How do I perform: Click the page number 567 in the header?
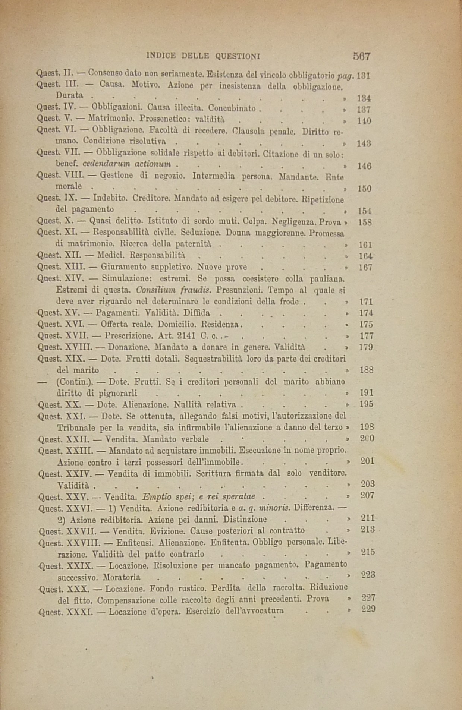pos(361,56)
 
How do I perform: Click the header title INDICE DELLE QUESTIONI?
pos(203,56)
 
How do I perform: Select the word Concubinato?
pos(232,109)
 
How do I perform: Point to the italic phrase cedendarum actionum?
pos(127,164)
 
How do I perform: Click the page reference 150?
pos(364,189)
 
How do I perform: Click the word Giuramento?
pos(120,267)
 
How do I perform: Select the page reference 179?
pos(366,347)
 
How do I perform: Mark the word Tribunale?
pos(76,427)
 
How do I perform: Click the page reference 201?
pos(367,461)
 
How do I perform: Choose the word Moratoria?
pos(122,577)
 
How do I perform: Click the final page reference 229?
pos(368,609)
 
